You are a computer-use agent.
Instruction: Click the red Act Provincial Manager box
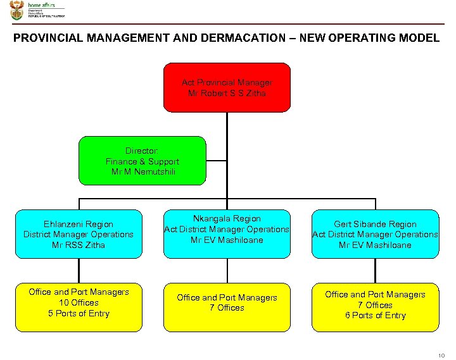tap(227, 87)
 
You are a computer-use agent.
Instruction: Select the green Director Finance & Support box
tap(142, 161)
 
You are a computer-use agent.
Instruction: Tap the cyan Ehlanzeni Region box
tap(79, 234)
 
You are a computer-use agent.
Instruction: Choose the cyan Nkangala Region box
tap(227, 234)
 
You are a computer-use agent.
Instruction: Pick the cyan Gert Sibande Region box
tap(375, 234)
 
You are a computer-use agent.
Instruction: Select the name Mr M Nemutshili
tap(142, 171)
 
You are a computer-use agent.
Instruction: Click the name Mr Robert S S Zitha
tap(227, 93)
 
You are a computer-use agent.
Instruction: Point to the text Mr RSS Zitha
tap(79, 245)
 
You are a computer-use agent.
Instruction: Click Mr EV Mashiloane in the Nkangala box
tap(227, 240)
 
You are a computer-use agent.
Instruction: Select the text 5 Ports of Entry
tap(79, 313)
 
